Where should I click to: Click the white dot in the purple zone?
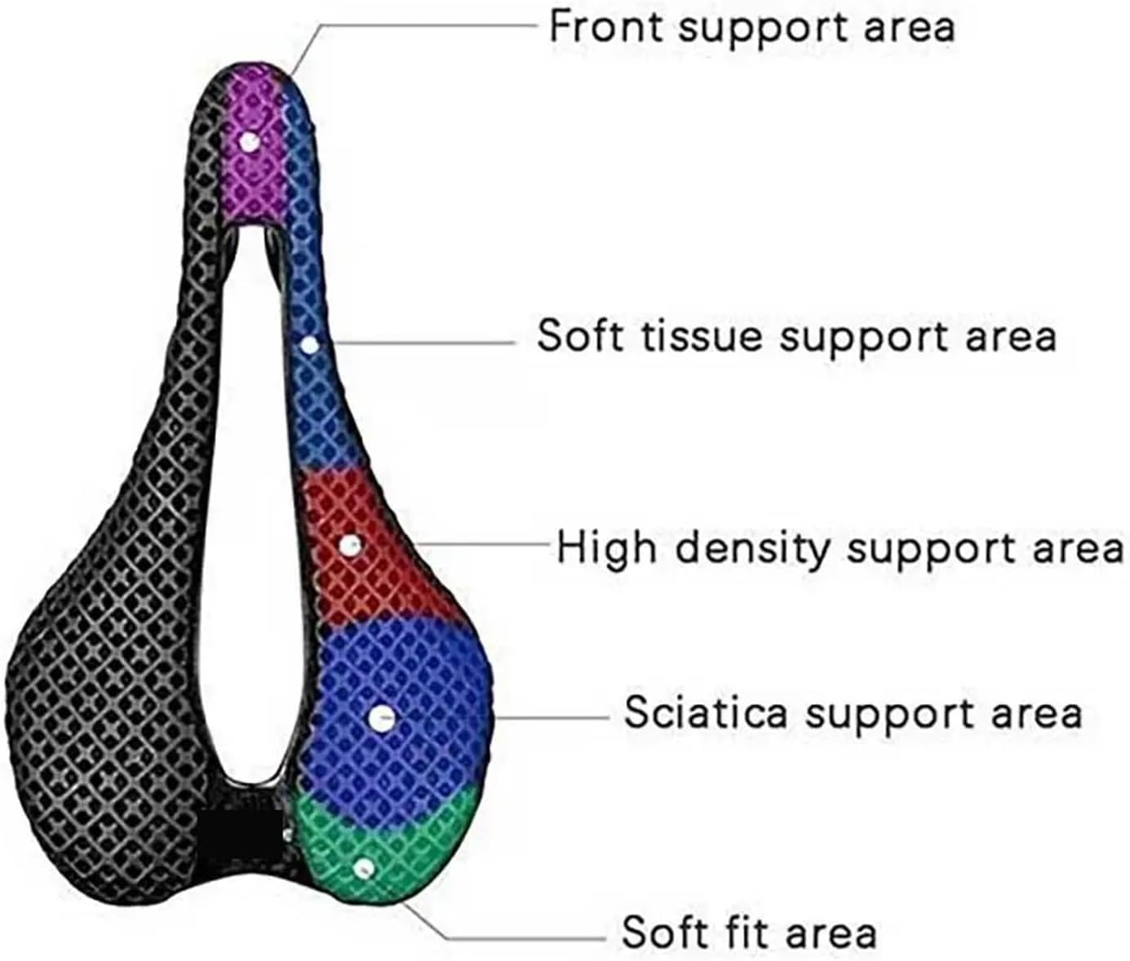pyautogui.click(x=250, y=142)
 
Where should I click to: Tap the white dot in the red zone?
pyautogui.click(x=349, y=545)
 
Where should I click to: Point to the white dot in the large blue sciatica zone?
pyautogui.click(x=382, y=719)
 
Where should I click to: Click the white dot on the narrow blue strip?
pyautogui.click(x=309, y=345)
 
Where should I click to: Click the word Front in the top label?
pyautogui.click(x=605, y=26)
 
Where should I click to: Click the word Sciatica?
pyautogui.click(x=706, y=712)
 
